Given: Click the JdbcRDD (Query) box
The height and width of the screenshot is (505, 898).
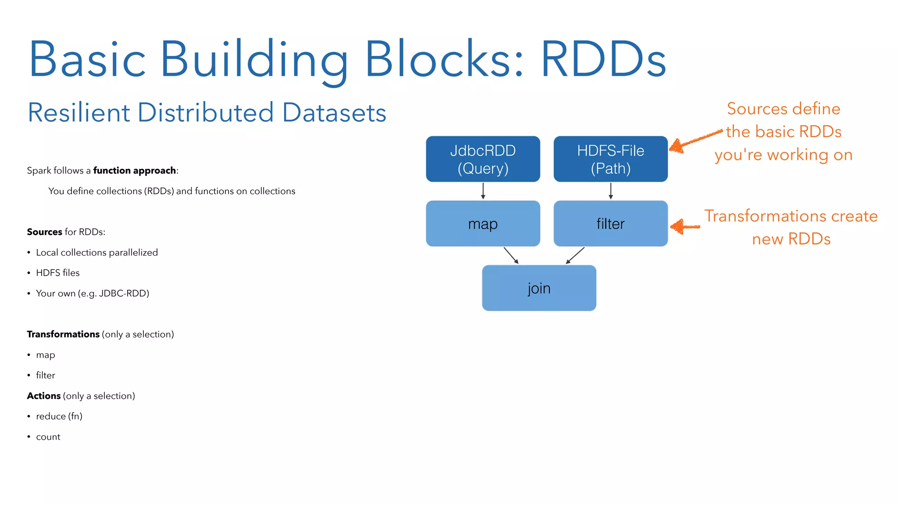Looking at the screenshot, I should click(x=483, y=159).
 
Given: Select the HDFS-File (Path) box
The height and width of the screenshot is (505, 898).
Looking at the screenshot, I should click(x=610, y=159).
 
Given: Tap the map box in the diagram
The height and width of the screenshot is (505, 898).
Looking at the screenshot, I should click(x=483, y=224).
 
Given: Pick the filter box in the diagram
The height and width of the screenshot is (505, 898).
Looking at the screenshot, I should click(x=610, y=224).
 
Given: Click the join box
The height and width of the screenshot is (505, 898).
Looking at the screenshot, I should click(x=539, y=288).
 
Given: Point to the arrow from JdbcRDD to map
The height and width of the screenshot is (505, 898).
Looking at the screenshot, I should click(x=483, y=191).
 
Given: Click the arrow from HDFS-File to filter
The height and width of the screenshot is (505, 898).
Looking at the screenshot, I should click(x=610, y=191).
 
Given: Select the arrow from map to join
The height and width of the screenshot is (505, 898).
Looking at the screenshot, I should click(x=511, y=255).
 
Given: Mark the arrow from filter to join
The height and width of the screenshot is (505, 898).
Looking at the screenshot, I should click(x=575, y=255).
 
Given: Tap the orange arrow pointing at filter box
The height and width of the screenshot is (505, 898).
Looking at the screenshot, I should click(x=685, y=227).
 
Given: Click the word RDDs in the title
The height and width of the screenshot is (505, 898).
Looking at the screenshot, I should click(x=603, y=59).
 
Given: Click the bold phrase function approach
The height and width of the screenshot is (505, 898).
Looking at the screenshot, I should click(x=134, y=171).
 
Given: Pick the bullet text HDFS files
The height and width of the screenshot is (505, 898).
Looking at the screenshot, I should click(x=58, y=273).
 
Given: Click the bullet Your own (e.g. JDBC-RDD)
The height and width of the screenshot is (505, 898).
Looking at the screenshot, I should click(x=93, y=293).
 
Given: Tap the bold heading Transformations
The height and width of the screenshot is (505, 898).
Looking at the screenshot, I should click(x=63, y=334).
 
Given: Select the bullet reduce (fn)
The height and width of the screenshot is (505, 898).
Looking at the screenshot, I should click(x=59, y=416).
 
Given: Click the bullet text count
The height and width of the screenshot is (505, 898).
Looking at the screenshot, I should click(x=48, y=437).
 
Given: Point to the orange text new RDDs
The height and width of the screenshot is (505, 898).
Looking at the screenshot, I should click(x=791, y=239).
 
